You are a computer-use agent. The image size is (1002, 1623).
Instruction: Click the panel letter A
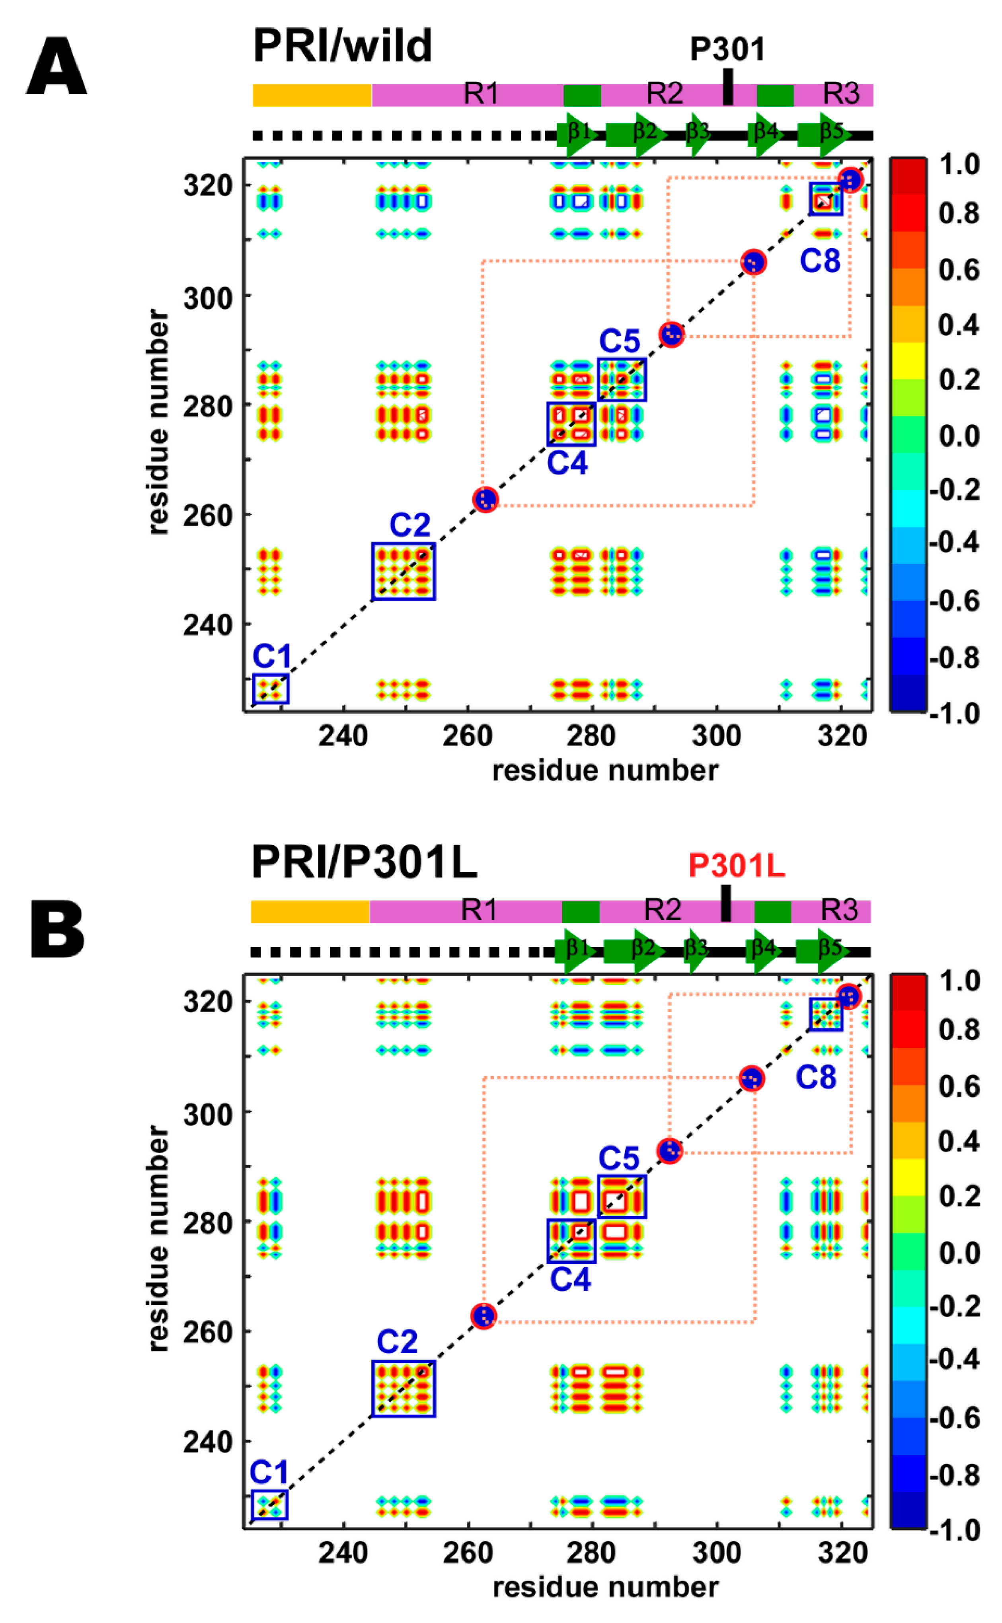click(x=57, y=67)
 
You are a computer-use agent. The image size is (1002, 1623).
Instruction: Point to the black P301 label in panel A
click(x=727, y=50)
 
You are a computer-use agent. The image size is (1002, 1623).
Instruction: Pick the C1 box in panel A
click(x=270, y=689)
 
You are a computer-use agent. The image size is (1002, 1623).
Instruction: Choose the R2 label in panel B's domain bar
click(x=663, y=910)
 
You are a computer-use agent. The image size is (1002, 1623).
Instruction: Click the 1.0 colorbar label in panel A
click(x=959, y=163)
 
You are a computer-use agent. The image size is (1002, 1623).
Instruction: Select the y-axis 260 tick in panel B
click(x=207, y=1331)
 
